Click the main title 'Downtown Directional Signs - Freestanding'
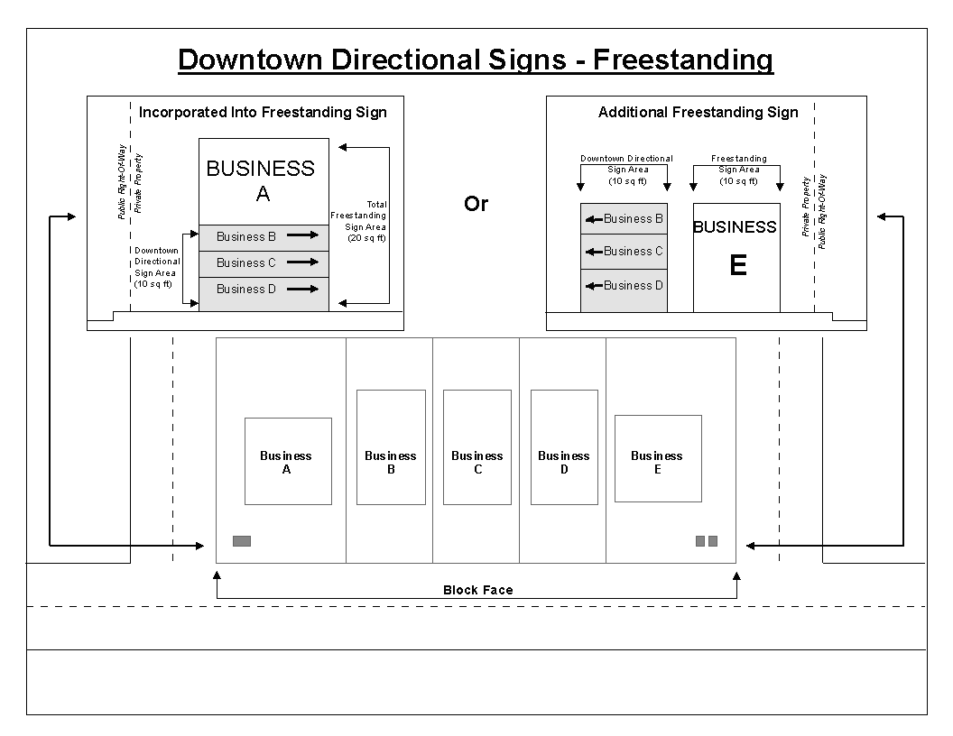476,60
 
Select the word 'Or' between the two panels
476,204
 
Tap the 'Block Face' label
477,590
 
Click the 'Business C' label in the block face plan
476,462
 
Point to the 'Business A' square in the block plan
288,461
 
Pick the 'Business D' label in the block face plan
563,462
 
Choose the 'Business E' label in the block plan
657,462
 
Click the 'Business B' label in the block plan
391,462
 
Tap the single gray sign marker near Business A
242,541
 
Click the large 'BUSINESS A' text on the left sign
262,180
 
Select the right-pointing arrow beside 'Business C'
303,262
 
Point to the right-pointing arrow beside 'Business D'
303,289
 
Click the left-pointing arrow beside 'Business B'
594,219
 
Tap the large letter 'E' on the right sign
737,266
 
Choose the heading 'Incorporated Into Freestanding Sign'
263,113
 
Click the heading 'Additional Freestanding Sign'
698,113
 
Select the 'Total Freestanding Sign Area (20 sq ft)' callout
360,221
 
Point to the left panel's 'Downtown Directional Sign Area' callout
155,267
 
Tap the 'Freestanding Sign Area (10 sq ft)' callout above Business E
738,170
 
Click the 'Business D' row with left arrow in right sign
625,286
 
